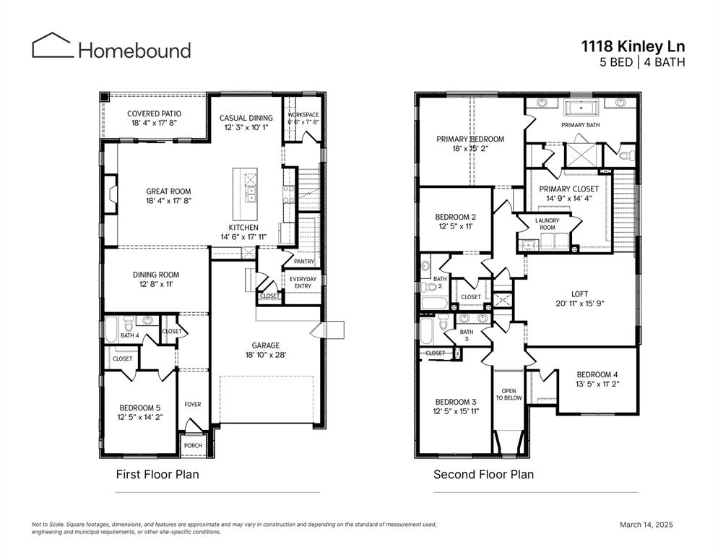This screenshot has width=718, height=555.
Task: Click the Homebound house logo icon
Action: click(52, 45)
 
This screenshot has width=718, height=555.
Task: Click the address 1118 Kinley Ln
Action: click(633, 46)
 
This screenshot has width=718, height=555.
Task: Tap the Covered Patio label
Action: click(154, 113)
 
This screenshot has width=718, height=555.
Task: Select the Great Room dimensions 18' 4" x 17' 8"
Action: click(168, 201)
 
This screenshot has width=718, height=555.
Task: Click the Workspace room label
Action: click(303, 115)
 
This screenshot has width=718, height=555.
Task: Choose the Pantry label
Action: click(304, 261)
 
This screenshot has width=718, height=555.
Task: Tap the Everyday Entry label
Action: click(303, 283)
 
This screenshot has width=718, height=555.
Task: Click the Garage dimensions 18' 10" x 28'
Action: click(266, 355)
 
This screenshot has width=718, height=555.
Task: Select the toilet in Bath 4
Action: click(129, 325)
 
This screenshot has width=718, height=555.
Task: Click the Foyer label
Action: click(193, 404)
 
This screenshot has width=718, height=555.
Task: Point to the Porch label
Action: click(193, 445)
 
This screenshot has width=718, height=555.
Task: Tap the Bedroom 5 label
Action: click(140, 408)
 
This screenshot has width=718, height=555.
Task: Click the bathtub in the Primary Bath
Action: click(581, 109)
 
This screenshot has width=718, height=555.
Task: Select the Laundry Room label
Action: click(548, 223)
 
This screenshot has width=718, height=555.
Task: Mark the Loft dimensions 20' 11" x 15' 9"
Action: click(580, 304)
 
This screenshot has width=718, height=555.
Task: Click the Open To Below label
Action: click(509, 394)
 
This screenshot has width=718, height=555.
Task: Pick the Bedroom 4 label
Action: click(597, 374)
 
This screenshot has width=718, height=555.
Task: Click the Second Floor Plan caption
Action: click(483, 474)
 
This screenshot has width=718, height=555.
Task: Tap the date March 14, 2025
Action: click(646, 525)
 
